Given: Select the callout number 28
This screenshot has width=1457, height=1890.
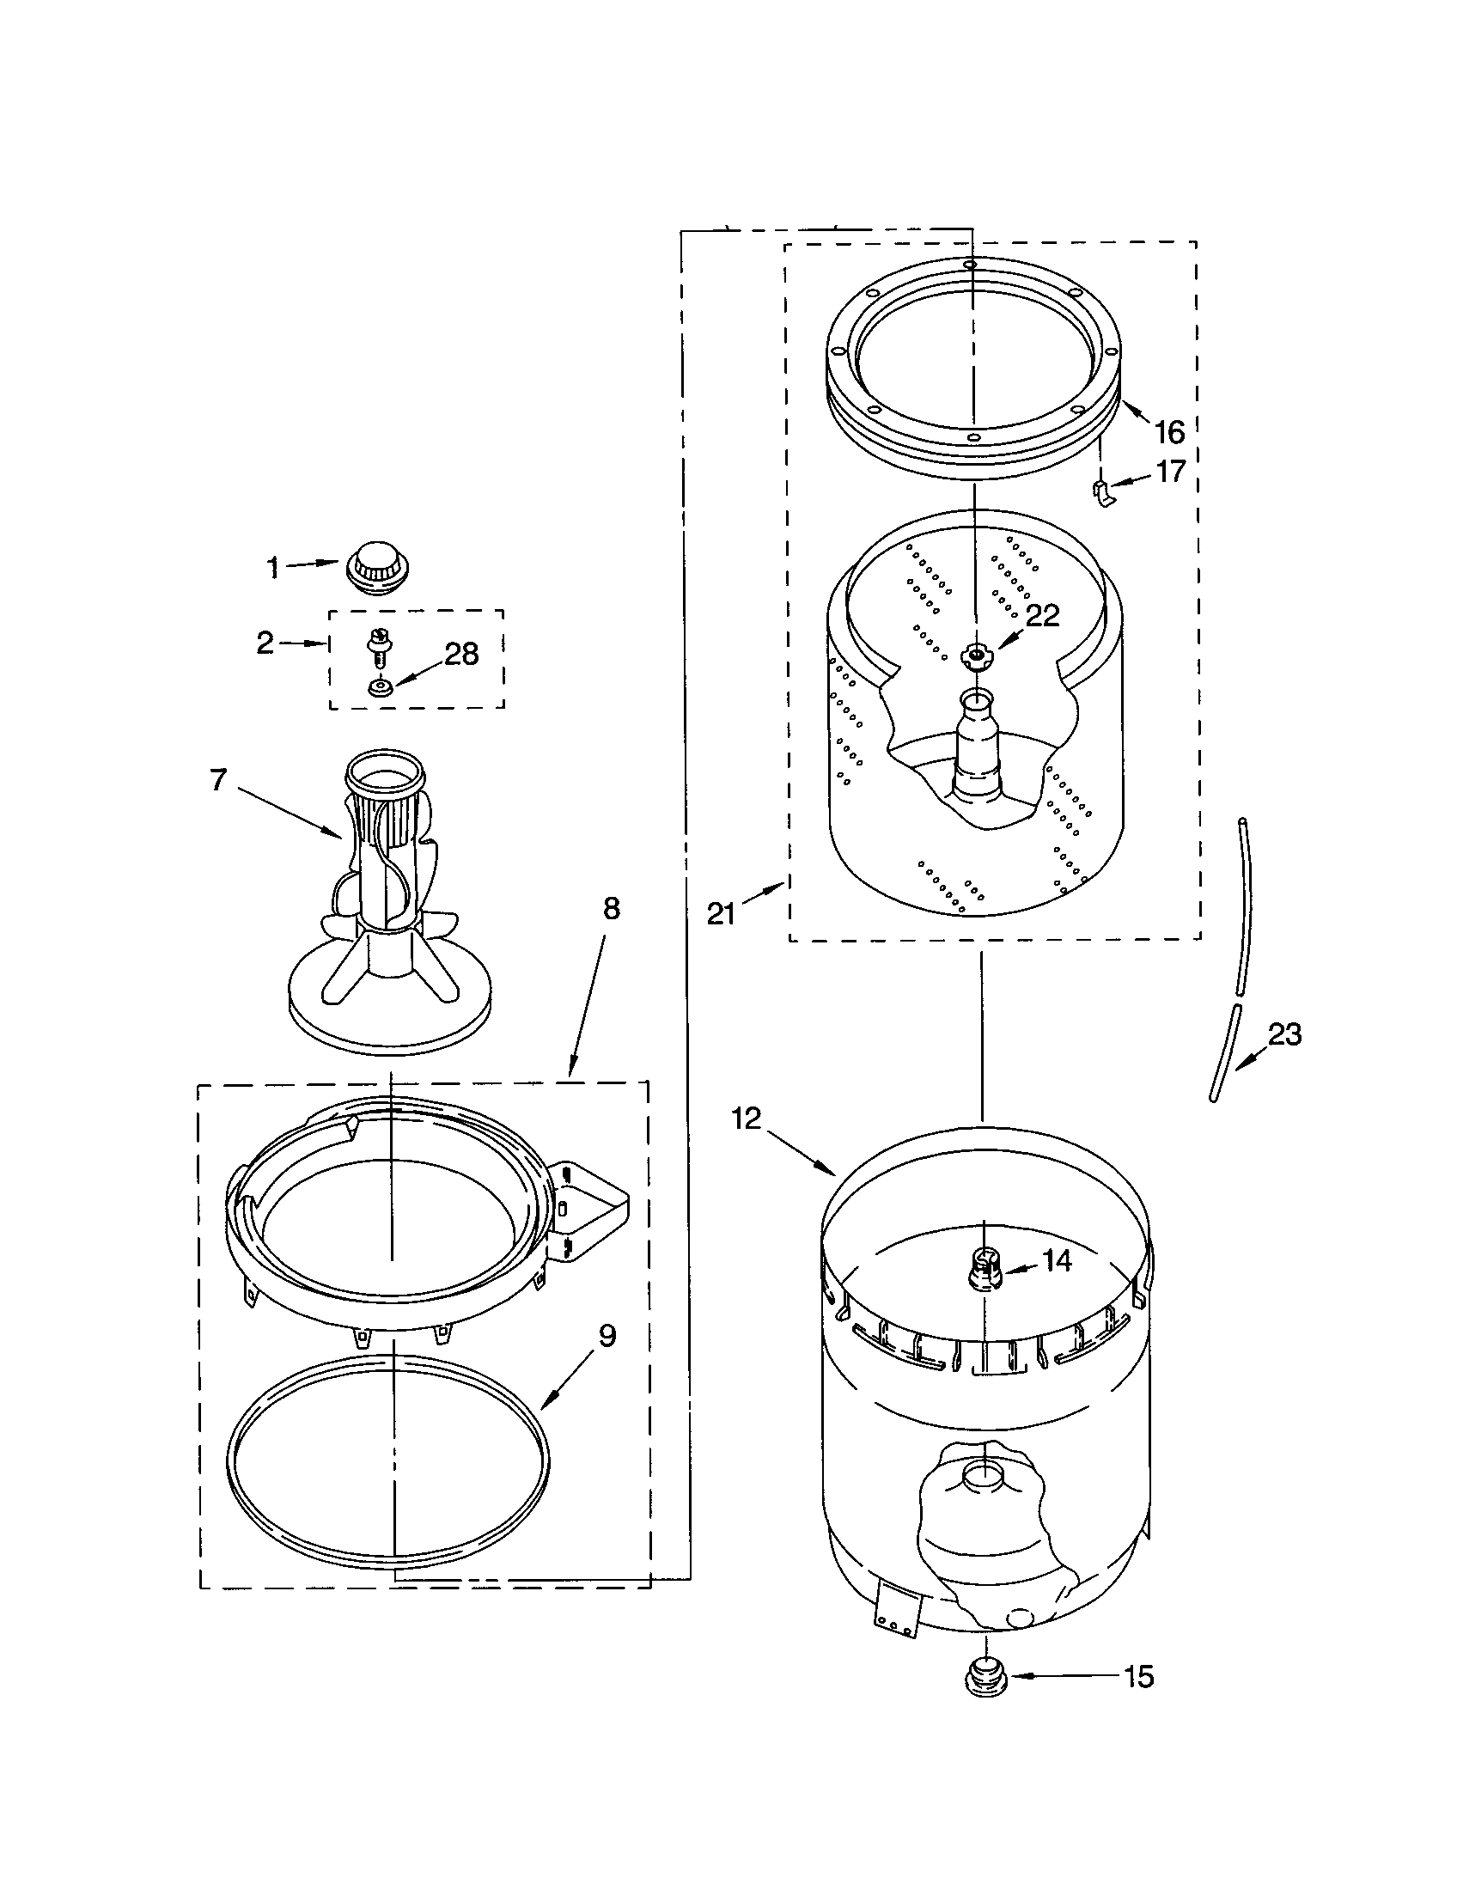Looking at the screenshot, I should point(460,655).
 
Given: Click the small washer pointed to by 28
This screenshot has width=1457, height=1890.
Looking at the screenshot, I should point(379,687).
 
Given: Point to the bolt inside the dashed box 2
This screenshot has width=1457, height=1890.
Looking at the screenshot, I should point(378,645).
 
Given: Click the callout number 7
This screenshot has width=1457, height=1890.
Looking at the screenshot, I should point(218,780).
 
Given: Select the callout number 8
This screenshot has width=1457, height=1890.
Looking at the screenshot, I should point(612,909).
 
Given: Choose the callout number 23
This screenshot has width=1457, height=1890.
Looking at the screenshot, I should point(1285,1034).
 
